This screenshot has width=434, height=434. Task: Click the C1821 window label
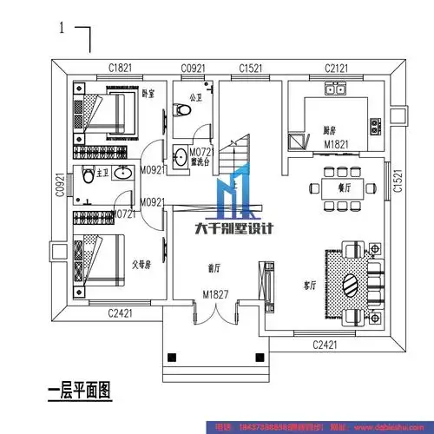coord(120,68)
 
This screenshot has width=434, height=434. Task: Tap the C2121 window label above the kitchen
coord(337,68)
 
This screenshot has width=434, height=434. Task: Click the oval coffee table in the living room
coord(350,285)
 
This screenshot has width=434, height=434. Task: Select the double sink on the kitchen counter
coord(335,89)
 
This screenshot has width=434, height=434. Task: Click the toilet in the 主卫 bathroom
coord(86,176)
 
